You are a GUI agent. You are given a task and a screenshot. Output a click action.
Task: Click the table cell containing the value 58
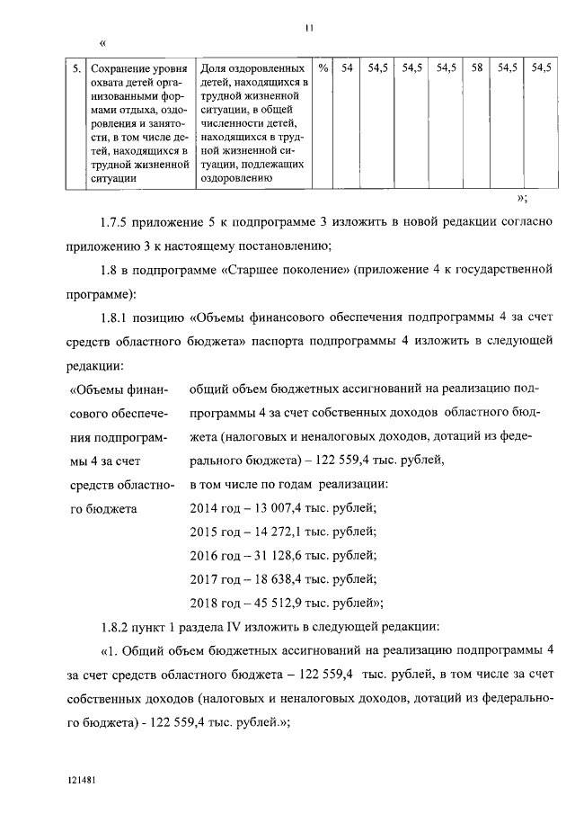coord(478,68)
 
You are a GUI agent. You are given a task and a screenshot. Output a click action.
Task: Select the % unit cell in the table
coord(323,68)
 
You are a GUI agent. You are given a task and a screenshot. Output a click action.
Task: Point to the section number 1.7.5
coord(116,220)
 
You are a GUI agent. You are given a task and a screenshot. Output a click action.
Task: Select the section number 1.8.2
coord(116,626)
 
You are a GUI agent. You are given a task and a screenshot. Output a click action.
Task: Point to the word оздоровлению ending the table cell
coord(236,178)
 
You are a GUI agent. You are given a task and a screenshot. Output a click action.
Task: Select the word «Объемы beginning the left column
coord(93,389)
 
